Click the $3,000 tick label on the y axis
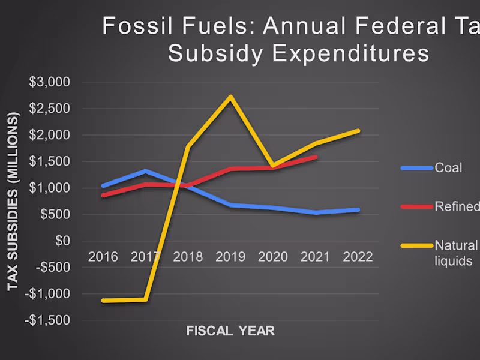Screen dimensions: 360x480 tap(50, 82)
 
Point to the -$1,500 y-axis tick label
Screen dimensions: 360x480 tap(47, 320)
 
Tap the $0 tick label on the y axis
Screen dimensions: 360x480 tap(62, 241)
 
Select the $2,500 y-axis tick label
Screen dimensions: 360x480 tap(50, 109)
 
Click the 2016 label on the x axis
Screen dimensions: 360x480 tap(103, 257)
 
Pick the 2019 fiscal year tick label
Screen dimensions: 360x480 tap(230, 257)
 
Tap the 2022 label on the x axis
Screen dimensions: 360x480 tap(358, 257)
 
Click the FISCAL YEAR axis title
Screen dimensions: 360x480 tap(230, 331)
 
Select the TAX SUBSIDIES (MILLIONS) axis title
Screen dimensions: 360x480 tap(13, 201)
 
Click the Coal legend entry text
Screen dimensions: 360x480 tap(448, 168)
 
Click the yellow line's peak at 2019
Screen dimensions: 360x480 tap(231, 97)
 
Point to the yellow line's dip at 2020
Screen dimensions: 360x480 tap(273, 166)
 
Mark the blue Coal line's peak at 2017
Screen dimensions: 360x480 tap(146, 172)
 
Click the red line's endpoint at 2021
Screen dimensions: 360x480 tap(316, 157)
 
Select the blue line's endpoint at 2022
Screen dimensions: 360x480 tap(358, 209)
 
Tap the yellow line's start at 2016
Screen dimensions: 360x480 tap(103, 301)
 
